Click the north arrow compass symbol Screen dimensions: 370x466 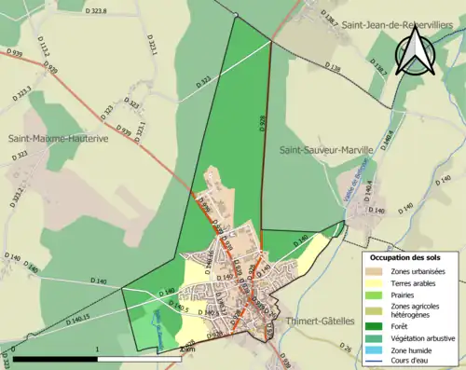(417, 50)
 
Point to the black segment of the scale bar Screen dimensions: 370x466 (55, 359)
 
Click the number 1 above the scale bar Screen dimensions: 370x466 (98, 350)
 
